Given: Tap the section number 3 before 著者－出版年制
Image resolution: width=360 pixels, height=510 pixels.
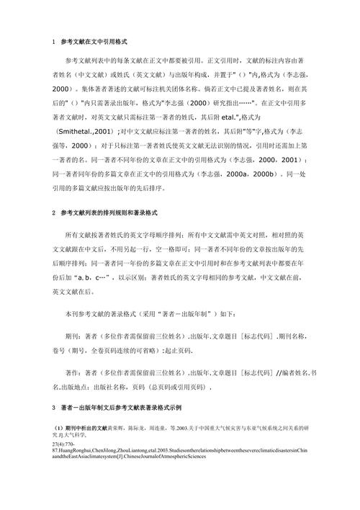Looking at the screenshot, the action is pos(54,407).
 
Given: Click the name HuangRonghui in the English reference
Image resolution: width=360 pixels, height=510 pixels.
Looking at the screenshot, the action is pos(93,455).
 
